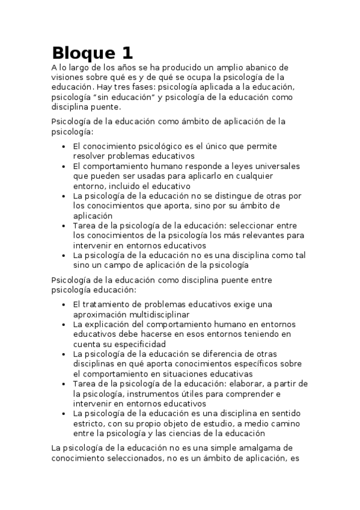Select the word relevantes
(261, 235)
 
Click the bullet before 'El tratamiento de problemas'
(65, 305)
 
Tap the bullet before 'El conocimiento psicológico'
(65, 147)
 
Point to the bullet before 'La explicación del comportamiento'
(65, 325)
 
